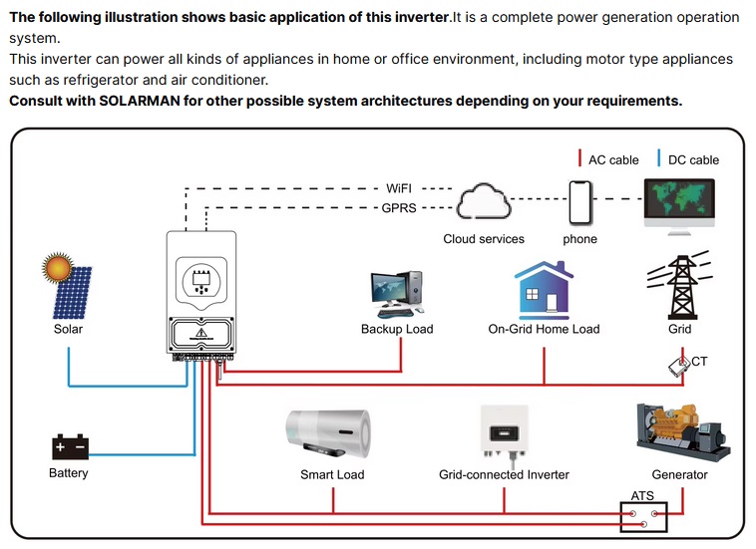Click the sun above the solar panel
click(x=59, y=270)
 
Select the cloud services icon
click(x=484, y=203)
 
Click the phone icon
click(x=579, y=202)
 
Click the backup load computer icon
click(x=397, y=291)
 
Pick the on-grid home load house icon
click(x=544, y=288)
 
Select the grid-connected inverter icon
click(x=504, y=430)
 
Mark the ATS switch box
click(x=642, y=516)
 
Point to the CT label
click(x=699, y=362)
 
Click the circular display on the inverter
click(x=200, y=279)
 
